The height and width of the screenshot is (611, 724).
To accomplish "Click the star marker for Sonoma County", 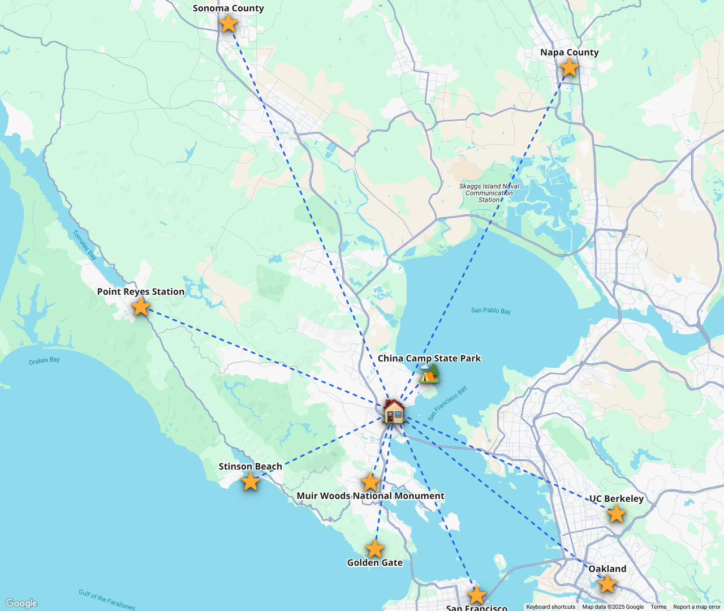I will (228, 23).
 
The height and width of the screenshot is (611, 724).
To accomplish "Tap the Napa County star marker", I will (569, 68).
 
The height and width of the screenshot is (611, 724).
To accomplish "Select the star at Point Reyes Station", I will (140, 307).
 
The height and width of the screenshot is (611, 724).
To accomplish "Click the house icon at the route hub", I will (394, 411).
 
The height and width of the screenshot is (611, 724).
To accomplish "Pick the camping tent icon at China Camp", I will (429, 373).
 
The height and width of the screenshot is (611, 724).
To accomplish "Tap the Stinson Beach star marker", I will (250, 481).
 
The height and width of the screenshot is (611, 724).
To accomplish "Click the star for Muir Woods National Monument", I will (370, 482).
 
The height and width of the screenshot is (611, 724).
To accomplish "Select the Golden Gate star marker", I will (374, 548).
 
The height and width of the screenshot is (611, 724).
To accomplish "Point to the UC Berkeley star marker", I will (616, 514).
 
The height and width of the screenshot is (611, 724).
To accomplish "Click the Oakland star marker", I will (607, 584).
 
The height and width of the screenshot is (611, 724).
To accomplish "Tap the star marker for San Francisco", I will (477, 595).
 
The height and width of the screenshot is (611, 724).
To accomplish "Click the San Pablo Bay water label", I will (491, 311).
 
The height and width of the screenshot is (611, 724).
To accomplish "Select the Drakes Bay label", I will (44, 360).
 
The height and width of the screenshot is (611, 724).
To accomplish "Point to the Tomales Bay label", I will (85, 245).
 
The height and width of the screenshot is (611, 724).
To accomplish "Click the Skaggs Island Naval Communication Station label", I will (489, 193).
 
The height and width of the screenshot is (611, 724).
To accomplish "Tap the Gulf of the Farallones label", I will (107, 600).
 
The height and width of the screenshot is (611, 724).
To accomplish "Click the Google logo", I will (21, 603).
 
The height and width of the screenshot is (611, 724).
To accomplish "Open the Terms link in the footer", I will (658, 607).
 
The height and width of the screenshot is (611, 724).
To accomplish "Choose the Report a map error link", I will (697, 607).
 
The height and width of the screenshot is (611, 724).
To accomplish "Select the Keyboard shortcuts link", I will (551, 607).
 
